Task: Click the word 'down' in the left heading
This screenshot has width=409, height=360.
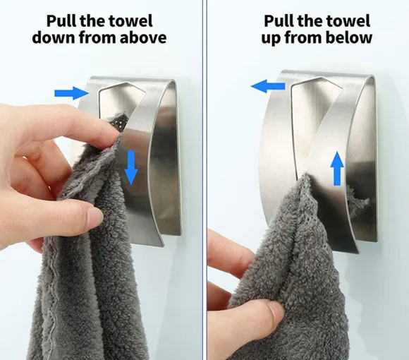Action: coord(54,37)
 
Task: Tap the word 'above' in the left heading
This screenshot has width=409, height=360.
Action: coord(143,37)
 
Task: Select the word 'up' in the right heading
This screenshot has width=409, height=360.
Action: coord(271,39)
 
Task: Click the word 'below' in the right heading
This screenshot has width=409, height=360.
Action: coord(349,37)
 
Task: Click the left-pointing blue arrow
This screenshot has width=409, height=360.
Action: coord(268,86)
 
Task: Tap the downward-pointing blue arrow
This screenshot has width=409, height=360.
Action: coord(130,168)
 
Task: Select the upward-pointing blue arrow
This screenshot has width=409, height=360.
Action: coord(337,169)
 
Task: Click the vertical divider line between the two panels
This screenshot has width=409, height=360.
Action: coord(204,180)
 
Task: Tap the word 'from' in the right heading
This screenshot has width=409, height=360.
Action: coord(303,37)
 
